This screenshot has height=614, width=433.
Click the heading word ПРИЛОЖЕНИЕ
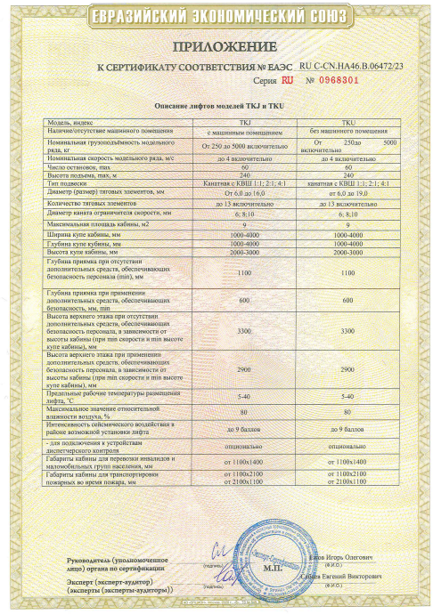216,45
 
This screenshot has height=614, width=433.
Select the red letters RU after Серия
286,80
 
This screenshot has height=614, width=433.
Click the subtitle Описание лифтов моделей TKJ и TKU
216,106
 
